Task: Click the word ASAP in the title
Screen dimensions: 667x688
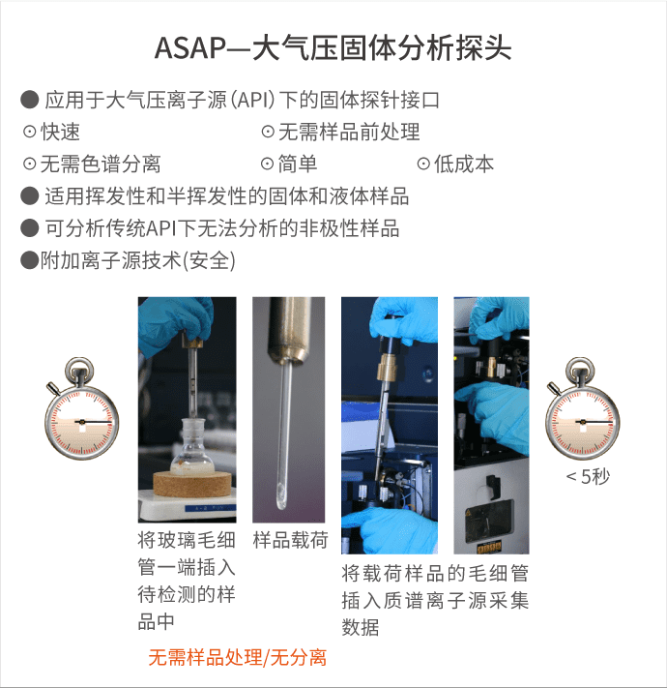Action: (190, 47)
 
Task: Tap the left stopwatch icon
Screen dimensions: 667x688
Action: (81, 408)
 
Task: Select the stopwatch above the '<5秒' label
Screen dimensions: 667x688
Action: (583, 408)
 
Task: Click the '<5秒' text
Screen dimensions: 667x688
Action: (587, 476)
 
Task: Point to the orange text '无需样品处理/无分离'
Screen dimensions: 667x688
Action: (237, 658)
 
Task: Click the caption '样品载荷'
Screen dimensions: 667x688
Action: (290, 540)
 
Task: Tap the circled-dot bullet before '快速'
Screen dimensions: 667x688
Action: (29, 132)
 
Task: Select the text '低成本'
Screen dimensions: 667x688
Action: (463, 164)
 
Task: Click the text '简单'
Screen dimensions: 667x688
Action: (297, 164)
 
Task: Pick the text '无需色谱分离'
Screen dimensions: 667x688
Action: (101, 164)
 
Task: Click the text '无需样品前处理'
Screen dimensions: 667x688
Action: (349, 132)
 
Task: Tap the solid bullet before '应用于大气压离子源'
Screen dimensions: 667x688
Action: (30, 100)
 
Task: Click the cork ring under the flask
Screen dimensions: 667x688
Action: (191, 483)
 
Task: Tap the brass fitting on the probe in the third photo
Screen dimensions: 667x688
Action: (387, 367)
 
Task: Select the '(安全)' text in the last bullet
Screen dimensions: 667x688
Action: (209, 260)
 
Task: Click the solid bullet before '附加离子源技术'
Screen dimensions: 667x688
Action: (30, 260)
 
